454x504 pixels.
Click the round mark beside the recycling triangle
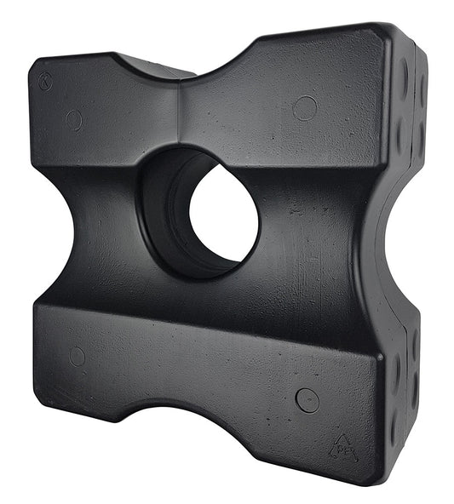(307, 399)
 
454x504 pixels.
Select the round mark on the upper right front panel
(304, 108)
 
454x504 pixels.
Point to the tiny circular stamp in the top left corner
(45, 81)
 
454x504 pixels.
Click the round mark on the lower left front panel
(77, 356)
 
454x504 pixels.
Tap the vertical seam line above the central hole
(180, 111)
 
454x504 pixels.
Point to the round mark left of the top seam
(74, 120)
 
